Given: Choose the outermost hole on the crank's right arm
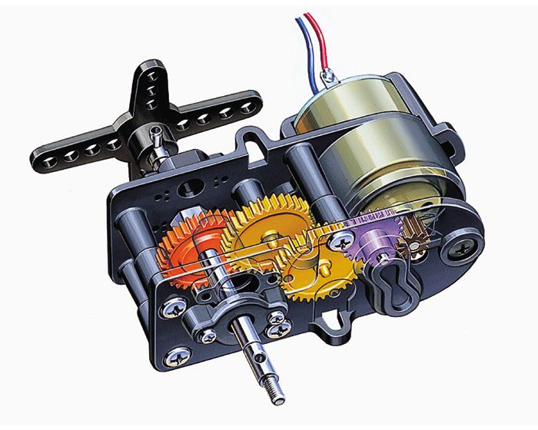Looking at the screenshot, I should tap(247, 111).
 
